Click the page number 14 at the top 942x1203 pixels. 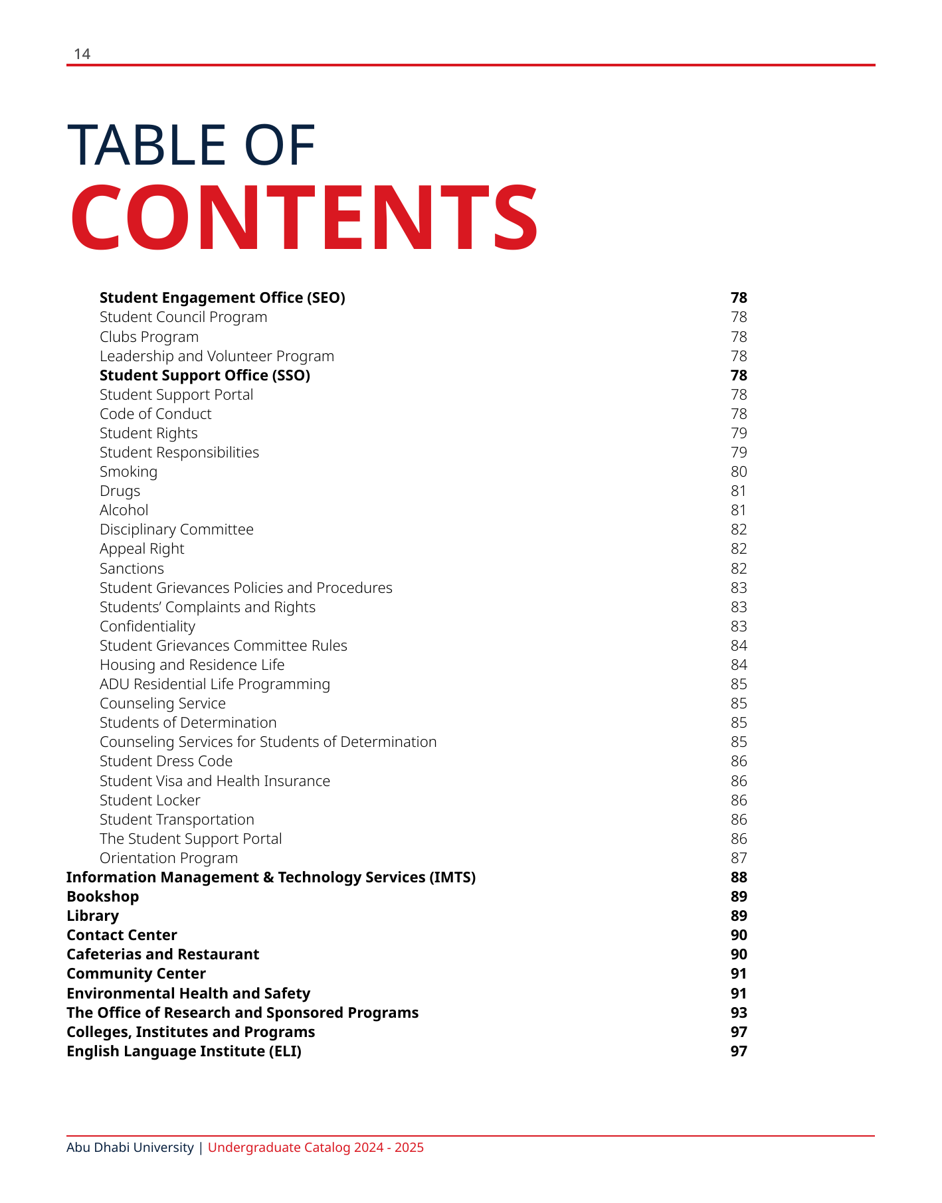point(82,54)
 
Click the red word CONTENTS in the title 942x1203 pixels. point(304,218)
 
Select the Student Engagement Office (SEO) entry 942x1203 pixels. point(222,297)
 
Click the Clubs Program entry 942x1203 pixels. point(149,337)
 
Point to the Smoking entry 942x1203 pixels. point(128,471)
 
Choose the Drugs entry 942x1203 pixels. point(120,491)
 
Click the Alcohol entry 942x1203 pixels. point(124,510)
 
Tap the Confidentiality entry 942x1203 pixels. point(147,626)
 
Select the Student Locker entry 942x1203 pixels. point(149,800)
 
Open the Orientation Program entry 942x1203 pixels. point(168,858)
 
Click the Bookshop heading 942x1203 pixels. point(102,896)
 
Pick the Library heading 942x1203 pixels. point(92,916)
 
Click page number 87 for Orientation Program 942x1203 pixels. point(738,858)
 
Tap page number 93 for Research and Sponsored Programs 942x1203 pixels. point(738,1012)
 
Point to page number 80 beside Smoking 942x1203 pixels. point(738,471)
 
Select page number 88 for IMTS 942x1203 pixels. point(738,877)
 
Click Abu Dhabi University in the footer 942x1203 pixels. point(130,1147)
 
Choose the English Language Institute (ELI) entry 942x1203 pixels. point(183,1051)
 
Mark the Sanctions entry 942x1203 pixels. point(132,568)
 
